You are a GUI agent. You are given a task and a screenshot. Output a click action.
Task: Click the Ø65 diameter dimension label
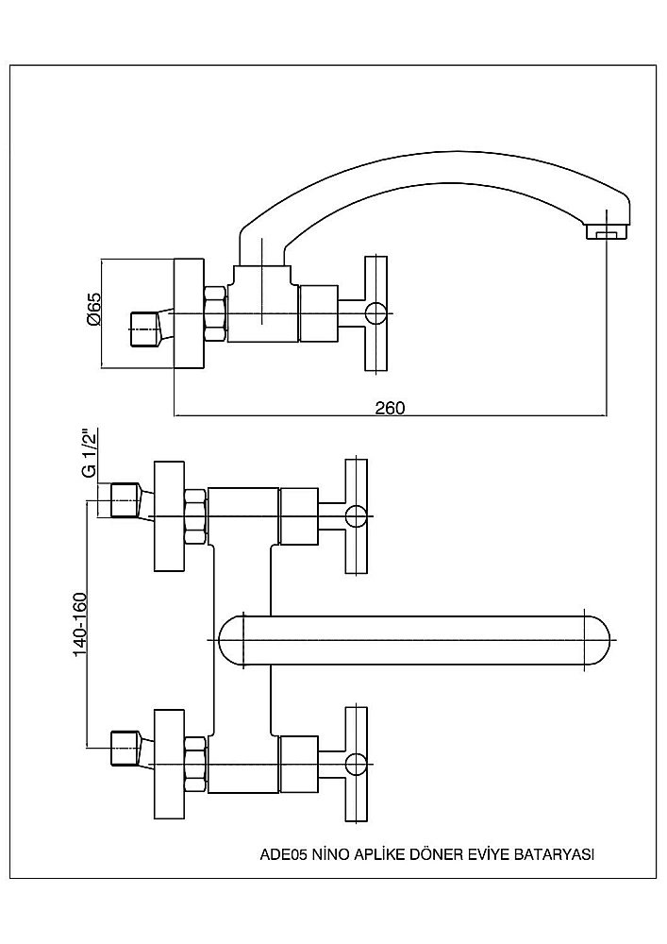pyautogui.click(x=92, y=309)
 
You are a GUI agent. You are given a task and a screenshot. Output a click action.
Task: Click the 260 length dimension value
pyautogui.click(x=389, y=408)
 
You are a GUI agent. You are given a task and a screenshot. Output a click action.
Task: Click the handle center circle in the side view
pyautogui.click(x=375, y=314)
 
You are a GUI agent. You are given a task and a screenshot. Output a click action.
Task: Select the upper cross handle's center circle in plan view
pyautogui.click(x=356, y=515)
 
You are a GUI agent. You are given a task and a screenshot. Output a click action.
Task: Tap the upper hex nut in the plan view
pyautogui.click(x=195, y=515)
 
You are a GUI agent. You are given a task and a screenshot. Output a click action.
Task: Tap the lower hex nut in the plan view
pyautogui.click(x=195, y=762)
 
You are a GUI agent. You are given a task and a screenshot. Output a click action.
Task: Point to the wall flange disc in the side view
pyautogui.click(x=189, y=313)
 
